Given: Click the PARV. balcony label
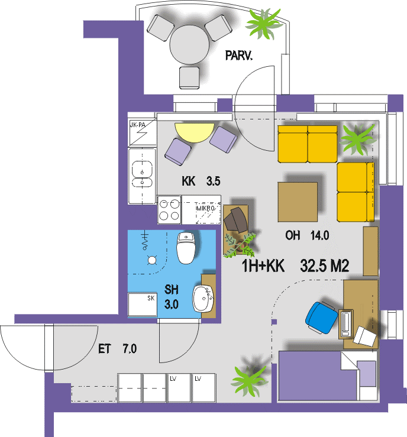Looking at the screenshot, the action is click(238, 56).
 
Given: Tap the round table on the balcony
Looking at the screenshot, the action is click(189, 45).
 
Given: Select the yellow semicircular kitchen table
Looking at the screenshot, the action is click(195, 132).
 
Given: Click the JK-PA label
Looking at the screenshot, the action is click(138, 125).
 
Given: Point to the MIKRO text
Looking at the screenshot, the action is click(205, 208).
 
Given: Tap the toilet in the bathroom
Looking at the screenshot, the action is click(186, 248).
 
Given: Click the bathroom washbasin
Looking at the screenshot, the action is click(204, 299).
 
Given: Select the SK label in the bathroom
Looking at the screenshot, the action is click(151, 298).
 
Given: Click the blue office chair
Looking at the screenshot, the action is click(321, 317).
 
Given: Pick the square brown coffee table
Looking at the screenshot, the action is click(298, 202).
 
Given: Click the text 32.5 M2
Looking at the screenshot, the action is click(325, 266).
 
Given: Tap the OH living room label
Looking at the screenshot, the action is click(293, 235).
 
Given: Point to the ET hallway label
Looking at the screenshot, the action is click(105, 349).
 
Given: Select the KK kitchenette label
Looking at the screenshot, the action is click(189, 181).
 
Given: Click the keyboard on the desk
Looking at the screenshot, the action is click(345, 324).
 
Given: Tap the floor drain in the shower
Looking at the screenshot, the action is click(152, 260).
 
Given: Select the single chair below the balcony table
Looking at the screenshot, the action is click(189, 77).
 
